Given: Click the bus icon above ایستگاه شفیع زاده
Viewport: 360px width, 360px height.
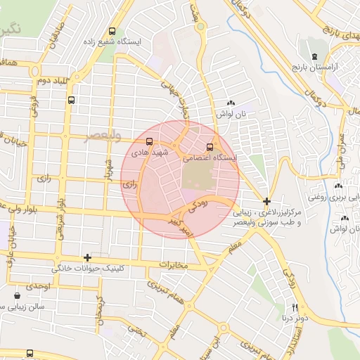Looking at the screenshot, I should pyautogui.click(x=112, y=31).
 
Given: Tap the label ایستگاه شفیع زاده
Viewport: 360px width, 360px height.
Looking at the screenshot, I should pyautogui.click(x=112, y=41).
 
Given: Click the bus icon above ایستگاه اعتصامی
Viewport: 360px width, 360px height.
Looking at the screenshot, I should pyautogui.click(x=210, y=147).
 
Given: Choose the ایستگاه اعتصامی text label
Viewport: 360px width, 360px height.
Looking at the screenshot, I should pyautogui.click(x=210, y=159).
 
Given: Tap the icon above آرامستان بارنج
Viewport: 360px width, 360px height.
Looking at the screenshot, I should pyautogui.click(x=314, y=56).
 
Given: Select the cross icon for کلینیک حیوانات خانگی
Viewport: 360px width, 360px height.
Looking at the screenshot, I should pyautogui.click(x=87, y=257).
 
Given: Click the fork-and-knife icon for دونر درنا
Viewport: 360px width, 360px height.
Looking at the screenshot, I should pyautogui.click(x=295, y=307).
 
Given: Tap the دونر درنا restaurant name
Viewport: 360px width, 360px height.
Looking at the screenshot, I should pyautogui.click(x=295, y=318).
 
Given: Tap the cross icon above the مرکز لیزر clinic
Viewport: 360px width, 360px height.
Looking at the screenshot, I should pyautogui.click(x=266, y=201).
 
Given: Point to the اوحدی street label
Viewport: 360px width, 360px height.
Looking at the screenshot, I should pyautogui.click(x=37, y=287).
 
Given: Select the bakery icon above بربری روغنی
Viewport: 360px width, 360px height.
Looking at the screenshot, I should pyautogui.click(x=340, y=186).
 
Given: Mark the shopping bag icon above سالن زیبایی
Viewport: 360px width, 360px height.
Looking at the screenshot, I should pyautogui.click(x=17, y=297).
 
